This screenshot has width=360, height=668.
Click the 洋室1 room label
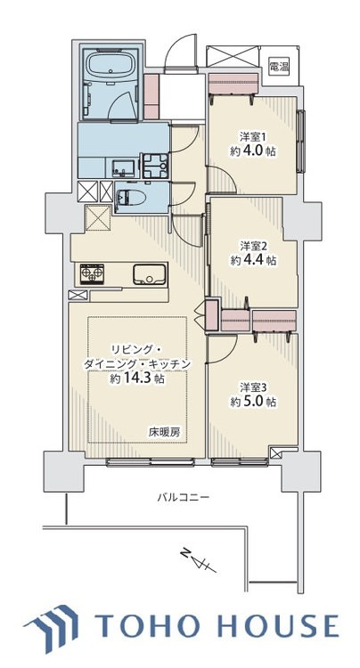(x=253, y=136)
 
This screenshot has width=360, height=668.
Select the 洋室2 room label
(x=253, y=245)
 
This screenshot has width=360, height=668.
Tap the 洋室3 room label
(x=253, y=387)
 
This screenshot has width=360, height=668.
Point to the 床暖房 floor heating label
(x=164, y=432)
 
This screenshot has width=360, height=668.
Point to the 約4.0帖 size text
(x=253, y=153)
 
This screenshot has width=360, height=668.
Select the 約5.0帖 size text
(x=253, y=403)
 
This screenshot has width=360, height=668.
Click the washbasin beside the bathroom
(x=124, y=166)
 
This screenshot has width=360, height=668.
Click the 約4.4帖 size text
(x=253, y=261)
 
